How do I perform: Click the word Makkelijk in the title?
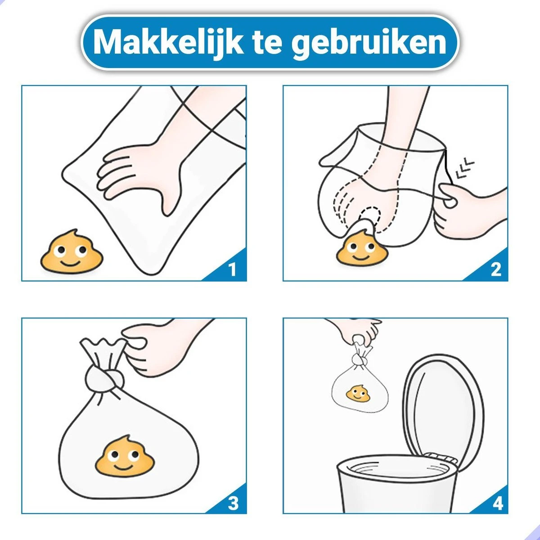[168, 43]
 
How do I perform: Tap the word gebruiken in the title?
[369, 42]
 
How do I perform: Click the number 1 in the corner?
[232, 270]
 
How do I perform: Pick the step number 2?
[496, 270]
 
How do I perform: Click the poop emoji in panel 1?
[72, 252]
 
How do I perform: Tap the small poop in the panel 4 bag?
[358, 394]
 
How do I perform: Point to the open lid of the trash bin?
[443, 409]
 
